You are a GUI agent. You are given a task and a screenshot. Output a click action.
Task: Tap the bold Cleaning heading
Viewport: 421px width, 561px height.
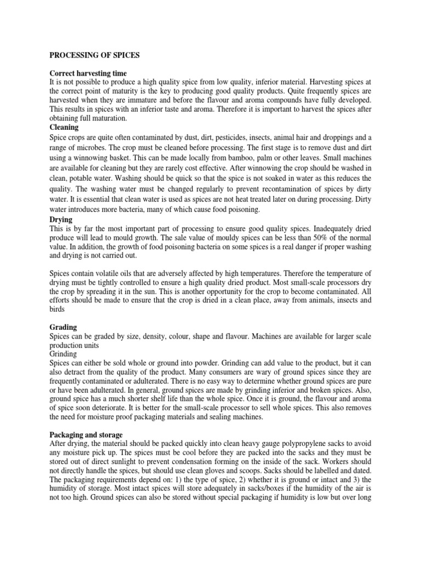click(x=64, y=127)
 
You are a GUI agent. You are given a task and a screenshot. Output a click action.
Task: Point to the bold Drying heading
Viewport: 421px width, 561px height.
click(x=61, y=219)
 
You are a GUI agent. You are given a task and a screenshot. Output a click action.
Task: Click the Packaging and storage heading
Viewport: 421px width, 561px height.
click(x=86, y=434)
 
